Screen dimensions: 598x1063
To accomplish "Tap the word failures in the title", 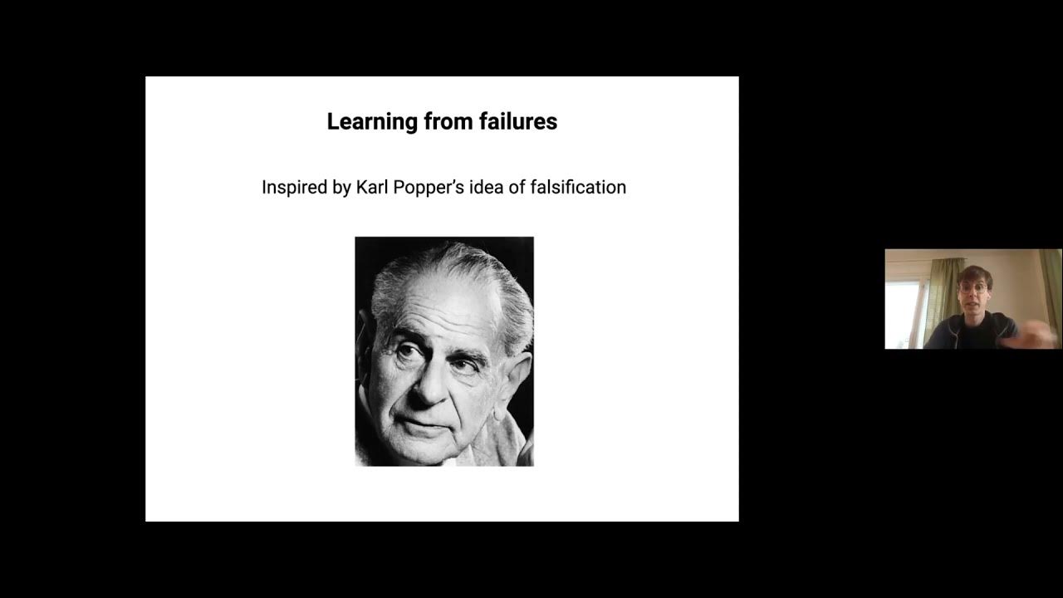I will coord(518,122).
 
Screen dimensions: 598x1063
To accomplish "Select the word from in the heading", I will coord(449,122).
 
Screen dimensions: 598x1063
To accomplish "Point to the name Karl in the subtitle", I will coord(371,188).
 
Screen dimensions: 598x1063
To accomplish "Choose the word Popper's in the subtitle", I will coord(432,188).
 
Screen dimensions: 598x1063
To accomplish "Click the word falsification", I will coord(576,188).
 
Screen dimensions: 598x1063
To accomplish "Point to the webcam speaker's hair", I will coord(973,274).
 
